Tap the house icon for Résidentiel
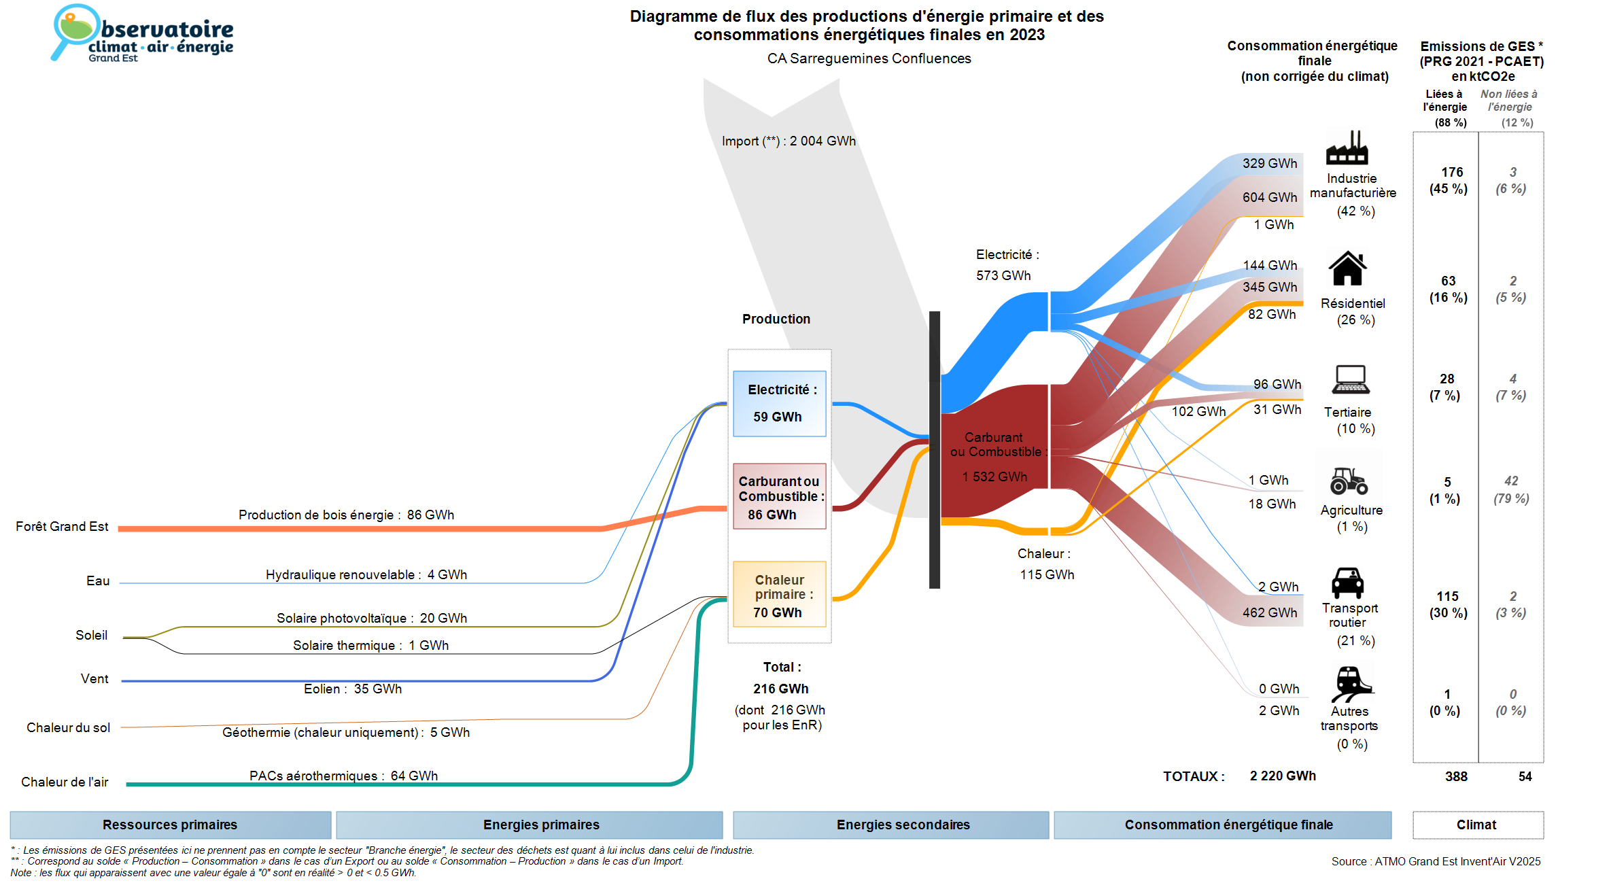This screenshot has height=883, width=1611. pos(1347,269)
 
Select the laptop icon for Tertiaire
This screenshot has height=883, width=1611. pos(1351,379)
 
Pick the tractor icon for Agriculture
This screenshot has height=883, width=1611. pos(1349,481)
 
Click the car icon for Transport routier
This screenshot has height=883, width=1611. pos(1347,583)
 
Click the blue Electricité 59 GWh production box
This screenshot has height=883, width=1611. pos(779,403)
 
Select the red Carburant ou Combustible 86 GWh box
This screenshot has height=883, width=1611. pos(779,496)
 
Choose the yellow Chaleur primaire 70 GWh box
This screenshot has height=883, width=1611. pos(779,594)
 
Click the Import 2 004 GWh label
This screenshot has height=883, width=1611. pos(789,141)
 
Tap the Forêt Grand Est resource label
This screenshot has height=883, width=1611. pos(62,527)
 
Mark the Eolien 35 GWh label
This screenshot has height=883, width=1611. pos(353,689)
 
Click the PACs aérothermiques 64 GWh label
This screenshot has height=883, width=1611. pos(343,776)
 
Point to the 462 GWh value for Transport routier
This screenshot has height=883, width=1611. pos(1270,613)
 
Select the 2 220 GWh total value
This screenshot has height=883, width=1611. pos(1283,776)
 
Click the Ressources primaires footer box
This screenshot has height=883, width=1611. pos(170,825)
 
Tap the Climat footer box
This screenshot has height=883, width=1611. pos(1477,825)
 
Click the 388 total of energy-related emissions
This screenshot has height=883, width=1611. pos(1456,777)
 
